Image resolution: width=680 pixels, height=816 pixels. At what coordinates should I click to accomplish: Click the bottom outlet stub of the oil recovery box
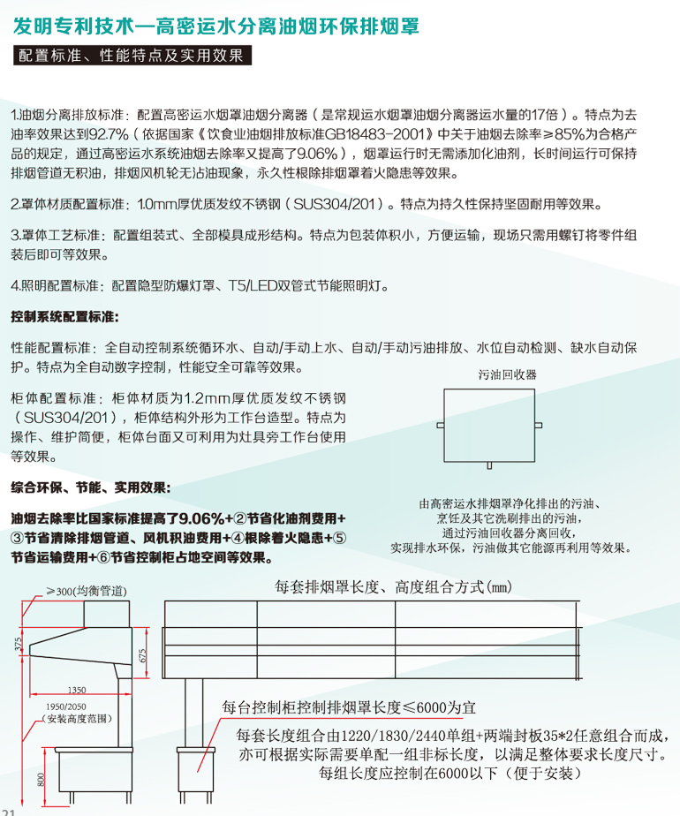[489, 465]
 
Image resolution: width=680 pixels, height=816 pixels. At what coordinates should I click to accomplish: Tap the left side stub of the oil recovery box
[440, 427]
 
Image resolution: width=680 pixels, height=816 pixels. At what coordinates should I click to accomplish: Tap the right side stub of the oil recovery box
[539, 427]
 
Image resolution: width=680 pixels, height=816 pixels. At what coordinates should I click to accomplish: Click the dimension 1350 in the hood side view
[76, 690]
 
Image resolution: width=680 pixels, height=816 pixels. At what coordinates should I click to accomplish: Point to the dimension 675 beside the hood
[142, 654]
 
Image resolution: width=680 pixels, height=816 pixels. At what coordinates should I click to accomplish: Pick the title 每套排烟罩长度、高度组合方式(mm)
[394, 587]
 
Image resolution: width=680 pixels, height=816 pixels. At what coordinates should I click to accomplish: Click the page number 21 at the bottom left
[10, 811]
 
